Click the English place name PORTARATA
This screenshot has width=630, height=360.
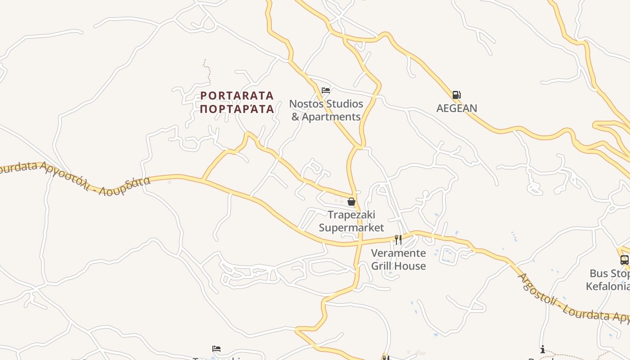click(x=237, y=95)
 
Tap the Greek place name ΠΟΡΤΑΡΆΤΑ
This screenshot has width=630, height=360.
click(x=237, y=109)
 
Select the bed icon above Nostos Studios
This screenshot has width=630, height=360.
click(x=326, y=90)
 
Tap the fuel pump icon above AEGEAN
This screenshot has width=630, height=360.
click(x=456, y=95)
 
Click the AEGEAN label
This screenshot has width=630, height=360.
click(x=456, y=108)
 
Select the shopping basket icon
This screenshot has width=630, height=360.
click(x=351, y=202)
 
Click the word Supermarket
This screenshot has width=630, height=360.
click(x=351, y=228)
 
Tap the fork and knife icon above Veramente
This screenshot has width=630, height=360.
click(x=398, y=239)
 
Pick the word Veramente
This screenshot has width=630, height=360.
click(x=398, y=253)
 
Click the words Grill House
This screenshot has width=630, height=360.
click(x=398, y=266)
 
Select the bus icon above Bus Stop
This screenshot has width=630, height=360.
click(x=624, y=260)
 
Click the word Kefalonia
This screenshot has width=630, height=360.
click(x=607, y=286)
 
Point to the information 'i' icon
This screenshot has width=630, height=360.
click(x=543, y=349)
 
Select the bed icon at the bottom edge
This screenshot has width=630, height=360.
click(x=216, y=349)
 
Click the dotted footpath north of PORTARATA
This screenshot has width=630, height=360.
click(x=207, y=67)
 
